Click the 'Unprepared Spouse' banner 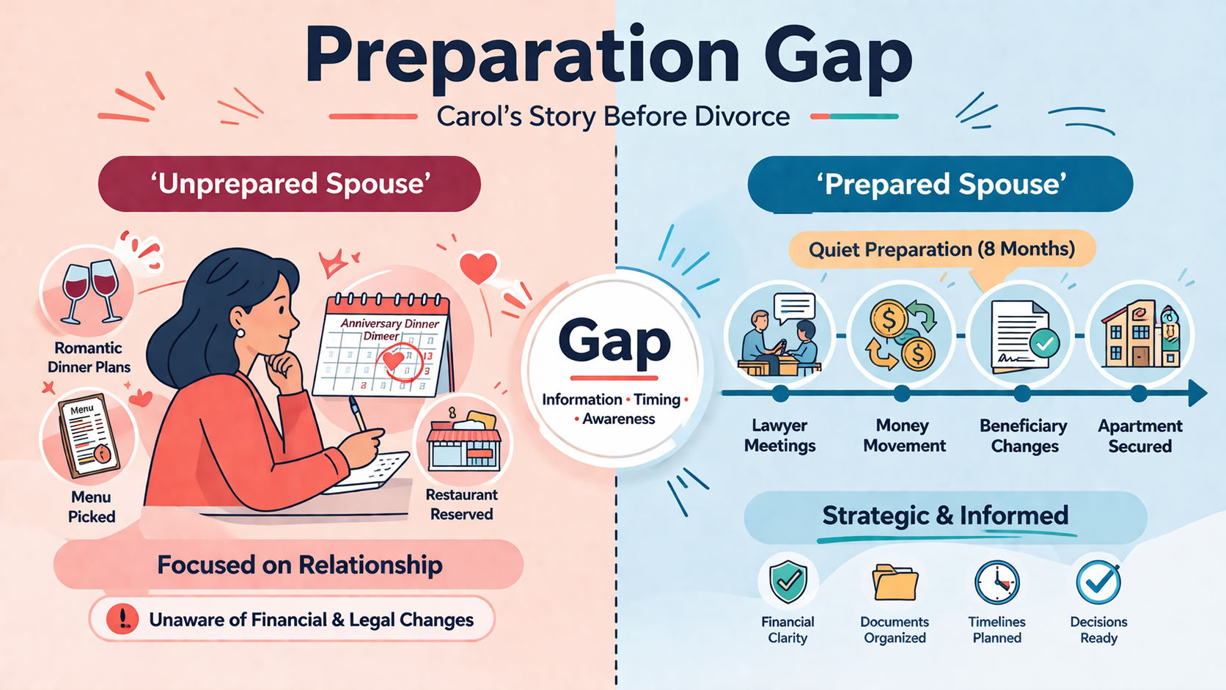point(289,184)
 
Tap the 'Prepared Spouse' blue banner point(940,184)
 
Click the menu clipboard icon point(88,436)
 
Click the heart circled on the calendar point(393,360)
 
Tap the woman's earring point(241,333)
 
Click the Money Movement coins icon point(901,335)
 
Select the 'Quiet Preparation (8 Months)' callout point(941,249)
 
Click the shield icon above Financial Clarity point(788,581)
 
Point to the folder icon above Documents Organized point(895,582)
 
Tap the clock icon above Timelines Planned point(996,582)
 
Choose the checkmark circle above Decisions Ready point(1098,582)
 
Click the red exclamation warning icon point(122,620)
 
